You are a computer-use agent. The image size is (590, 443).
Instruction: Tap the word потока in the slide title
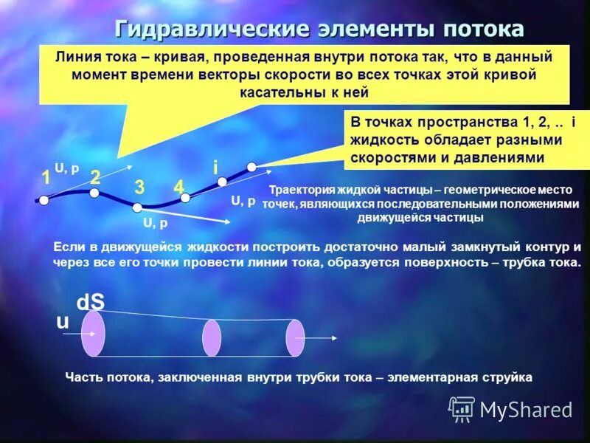tap(484, 30)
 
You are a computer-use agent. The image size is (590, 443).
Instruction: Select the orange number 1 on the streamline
tap(46, 178)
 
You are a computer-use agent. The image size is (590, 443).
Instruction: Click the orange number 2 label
tap(95, 176)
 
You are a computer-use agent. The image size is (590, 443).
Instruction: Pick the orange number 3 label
tap(139, 188)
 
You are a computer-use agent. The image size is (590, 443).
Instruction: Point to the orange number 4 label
tap(178, 188)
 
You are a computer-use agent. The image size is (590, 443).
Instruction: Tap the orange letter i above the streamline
tap(215, 168)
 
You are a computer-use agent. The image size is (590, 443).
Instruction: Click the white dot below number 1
tap(44, 199)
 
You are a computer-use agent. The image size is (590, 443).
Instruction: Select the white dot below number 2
tap(94, 193)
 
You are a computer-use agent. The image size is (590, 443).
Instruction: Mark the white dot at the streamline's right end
tap(251, 166)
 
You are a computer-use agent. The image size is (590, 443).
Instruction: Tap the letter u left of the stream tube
tap(63, 323)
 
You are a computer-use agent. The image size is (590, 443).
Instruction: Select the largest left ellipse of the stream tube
tap(93, 333)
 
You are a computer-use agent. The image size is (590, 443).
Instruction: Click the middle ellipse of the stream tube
tap(212, 337)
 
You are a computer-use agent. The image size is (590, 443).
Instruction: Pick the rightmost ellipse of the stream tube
tap(295, 337)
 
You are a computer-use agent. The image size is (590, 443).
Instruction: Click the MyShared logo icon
tap(462, 408)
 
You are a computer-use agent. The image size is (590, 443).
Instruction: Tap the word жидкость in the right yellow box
tap(382, 140)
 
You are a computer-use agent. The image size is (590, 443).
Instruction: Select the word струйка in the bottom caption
tap(506, 377)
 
